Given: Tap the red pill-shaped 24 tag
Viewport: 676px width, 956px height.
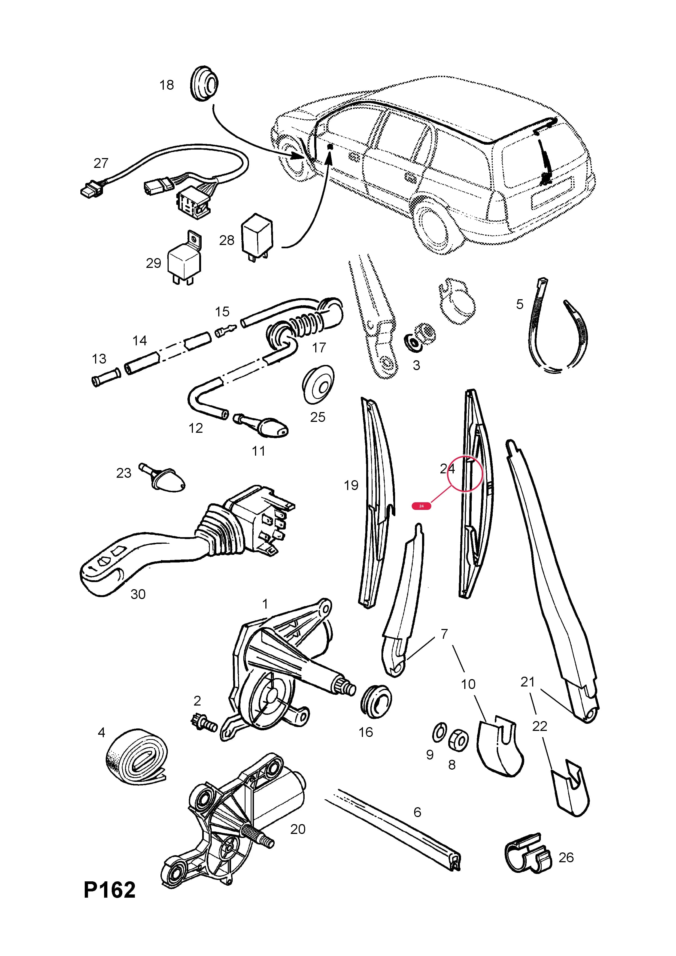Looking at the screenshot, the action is pyautogui.click(x=421, y=506).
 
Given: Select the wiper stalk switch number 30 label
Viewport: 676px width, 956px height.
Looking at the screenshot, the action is pyautogui.click(x=138, y=594).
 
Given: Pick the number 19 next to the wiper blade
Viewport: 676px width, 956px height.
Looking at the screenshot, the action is pyautogui.click(x=351, y=485).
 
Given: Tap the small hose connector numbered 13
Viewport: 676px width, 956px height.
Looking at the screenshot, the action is pyautogui.click(x=106, y=376).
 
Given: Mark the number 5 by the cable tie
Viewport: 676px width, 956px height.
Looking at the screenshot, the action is pyautogui.click(x=520, y=304).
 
